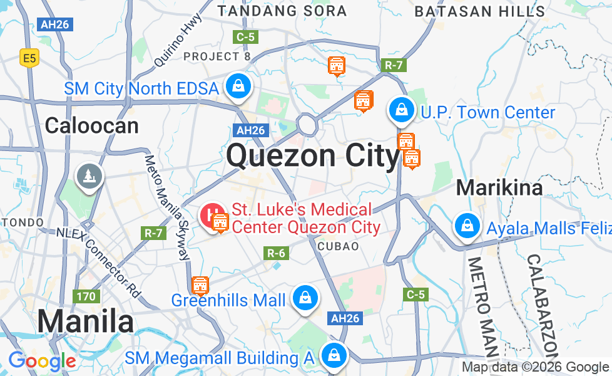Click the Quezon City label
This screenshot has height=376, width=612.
click(x=313, y=155)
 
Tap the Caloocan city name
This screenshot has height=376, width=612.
click(x=92, y=126)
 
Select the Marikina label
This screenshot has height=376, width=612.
click(x=499, y=187)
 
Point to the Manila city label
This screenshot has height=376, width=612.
click(x=85, y=321)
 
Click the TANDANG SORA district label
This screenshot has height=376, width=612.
click(x=282, y=11)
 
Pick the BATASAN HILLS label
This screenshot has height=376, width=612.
click(x=479, y=11)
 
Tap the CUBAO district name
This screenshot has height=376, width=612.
click(x=339, y=246)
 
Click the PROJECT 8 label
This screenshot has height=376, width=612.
click(x=217, y=56)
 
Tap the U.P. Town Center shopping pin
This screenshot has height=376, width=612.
click(x=400, y=110)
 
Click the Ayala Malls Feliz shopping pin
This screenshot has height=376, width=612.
click(x=467, y=225)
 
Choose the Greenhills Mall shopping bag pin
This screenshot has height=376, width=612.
click(x=305, y=298)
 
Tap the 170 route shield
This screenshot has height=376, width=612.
click(x=86, y=296)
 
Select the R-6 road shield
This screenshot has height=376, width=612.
click(x=277, y=253)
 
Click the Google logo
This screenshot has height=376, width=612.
click(x=42, y=361)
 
